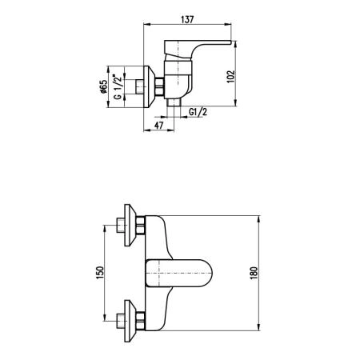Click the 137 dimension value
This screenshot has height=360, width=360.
[x=187, y=19]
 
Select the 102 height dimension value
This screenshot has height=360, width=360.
[x=231, y=76]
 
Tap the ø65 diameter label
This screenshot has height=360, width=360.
[x=103, y=86]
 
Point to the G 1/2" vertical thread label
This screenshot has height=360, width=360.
[x=118, y=86]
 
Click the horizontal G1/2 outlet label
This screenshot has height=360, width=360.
[x=198, y=112]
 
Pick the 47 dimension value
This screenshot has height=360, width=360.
[x=159, y=125]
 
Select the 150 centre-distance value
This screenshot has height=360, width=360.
[x=99, y=273]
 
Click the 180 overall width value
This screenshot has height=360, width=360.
[x=254, y=273]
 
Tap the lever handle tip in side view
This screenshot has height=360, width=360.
[x=229, y=42]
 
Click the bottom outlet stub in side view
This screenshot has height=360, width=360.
[x=174, y=102]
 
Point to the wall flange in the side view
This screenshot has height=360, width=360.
[x=150, y=86]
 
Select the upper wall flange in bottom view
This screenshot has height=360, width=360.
[x=130, y=226]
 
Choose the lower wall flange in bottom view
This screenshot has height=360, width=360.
[x=130, y=321]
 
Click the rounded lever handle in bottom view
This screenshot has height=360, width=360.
[x=179, y=274]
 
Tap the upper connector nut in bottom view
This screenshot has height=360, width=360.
[x=141, y=226]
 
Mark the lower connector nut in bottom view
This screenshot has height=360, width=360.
[x=141, y=321]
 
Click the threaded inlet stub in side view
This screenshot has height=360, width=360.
[x=140, y=86]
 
